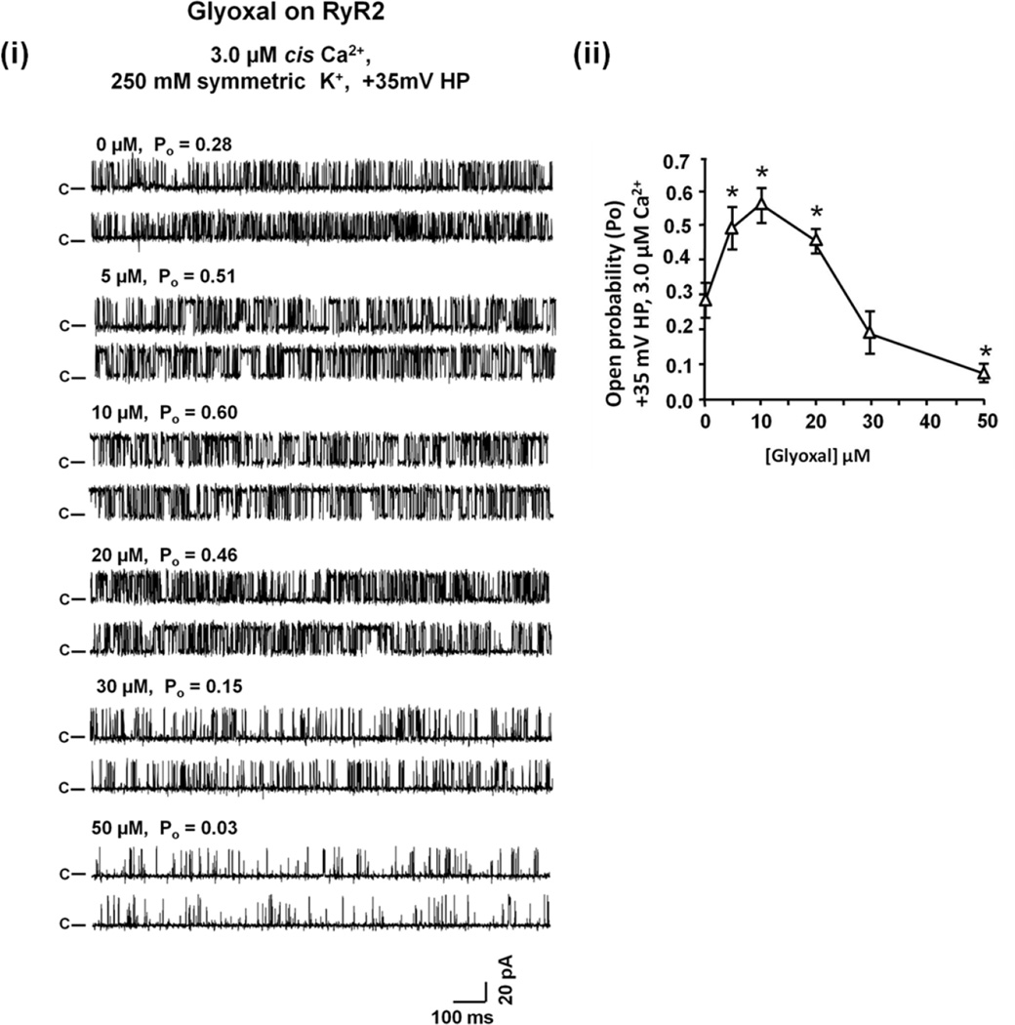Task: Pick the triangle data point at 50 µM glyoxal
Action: (x=984, y=373)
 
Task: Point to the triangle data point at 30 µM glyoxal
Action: (x=870, y=334)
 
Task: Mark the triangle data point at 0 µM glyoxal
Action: (x=705, y=300)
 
